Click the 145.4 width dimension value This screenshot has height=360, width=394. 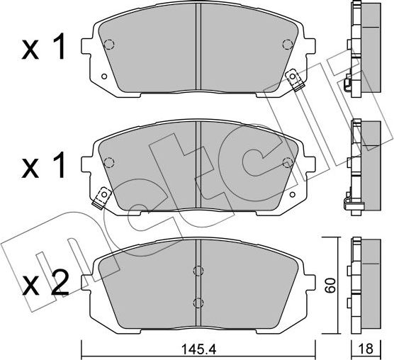tap(198, 349)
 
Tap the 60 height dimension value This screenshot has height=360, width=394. tap(330, 286)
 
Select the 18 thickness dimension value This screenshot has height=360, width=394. tap(366, 349)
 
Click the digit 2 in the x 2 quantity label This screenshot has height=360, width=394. tap(60, 283)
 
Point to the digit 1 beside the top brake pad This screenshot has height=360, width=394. tap(59, 47)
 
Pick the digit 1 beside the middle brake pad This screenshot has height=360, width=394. tap(59, 166)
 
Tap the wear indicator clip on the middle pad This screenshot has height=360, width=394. tap(102, 198)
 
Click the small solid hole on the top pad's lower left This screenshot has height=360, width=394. tap(103, 76)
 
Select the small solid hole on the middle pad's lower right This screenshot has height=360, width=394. tap(292, 194)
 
